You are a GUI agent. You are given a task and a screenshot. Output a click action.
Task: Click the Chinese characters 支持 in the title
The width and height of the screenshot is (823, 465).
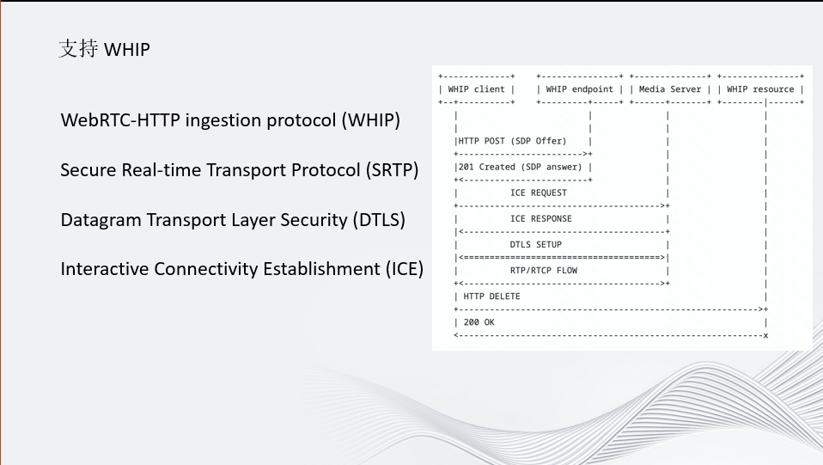coord(78,48)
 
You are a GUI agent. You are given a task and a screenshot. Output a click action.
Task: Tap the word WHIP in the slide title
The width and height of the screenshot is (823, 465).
coord(127,49)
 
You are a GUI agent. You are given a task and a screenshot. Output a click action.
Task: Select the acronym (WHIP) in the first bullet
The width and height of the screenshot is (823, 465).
coord(371,120)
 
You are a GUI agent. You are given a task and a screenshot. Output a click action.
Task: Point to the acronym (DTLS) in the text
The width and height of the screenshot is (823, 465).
coord(379,220)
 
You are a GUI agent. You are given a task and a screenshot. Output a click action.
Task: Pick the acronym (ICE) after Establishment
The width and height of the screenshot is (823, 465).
coord(404,269)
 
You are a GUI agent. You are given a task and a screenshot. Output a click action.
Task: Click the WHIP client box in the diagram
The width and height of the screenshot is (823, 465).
coord(477,89)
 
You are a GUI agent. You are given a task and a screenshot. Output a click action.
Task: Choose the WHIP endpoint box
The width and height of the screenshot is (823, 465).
coord(580,89)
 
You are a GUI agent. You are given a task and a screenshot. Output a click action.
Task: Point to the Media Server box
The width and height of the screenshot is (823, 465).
coord(670,89)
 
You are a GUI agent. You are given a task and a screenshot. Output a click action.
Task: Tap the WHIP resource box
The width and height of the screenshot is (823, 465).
coord(760,89)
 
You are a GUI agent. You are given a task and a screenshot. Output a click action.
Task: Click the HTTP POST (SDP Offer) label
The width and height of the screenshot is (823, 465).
coord(512,141)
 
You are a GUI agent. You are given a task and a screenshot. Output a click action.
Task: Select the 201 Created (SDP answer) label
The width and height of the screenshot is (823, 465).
coord(520,167)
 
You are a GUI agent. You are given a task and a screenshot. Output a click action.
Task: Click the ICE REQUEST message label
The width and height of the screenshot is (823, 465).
coord(539,193)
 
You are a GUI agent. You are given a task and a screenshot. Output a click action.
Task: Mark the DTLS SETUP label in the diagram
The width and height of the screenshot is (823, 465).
coord(536,244)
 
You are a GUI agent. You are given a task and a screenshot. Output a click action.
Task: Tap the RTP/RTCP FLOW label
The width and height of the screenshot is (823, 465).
coord(544,271)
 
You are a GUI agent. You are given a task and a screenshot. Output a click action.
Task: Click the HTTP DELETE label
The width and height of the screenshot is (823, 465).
coord(491,297)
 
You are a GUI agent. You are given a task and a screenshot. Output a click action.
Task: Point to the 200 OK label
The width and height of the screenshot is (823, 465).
coord(479,322)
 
